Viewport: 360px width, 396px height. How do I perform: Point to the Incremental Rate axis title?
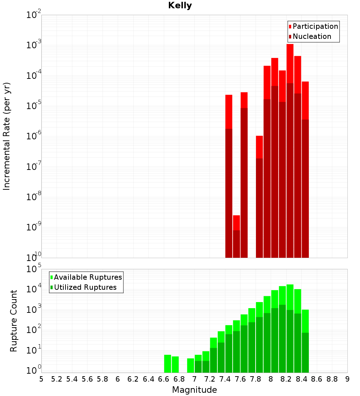tap(7, 136)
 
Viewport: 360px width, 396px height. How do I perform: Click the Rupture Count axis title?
tap(14, 321)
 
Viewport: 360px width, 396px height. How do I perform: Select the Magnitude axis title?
tap(194, 390)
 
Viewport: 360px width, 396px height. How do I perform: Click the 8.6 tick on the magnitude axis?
tap(317, 379)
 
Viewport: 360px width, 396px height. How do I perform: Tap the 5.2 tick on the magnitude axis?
tap(57, 379)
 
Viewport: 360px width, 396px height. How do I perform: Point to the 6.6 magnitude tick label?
tap(164, 379)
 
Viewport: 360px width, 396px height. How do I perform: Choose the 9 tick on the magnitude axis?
tap(347, 379)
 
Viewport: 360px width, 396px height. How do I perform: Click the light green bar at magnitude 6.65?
tap(168, 364)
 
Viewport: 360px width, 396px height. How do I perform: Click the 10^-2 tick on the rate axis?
tap(34, 15)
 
